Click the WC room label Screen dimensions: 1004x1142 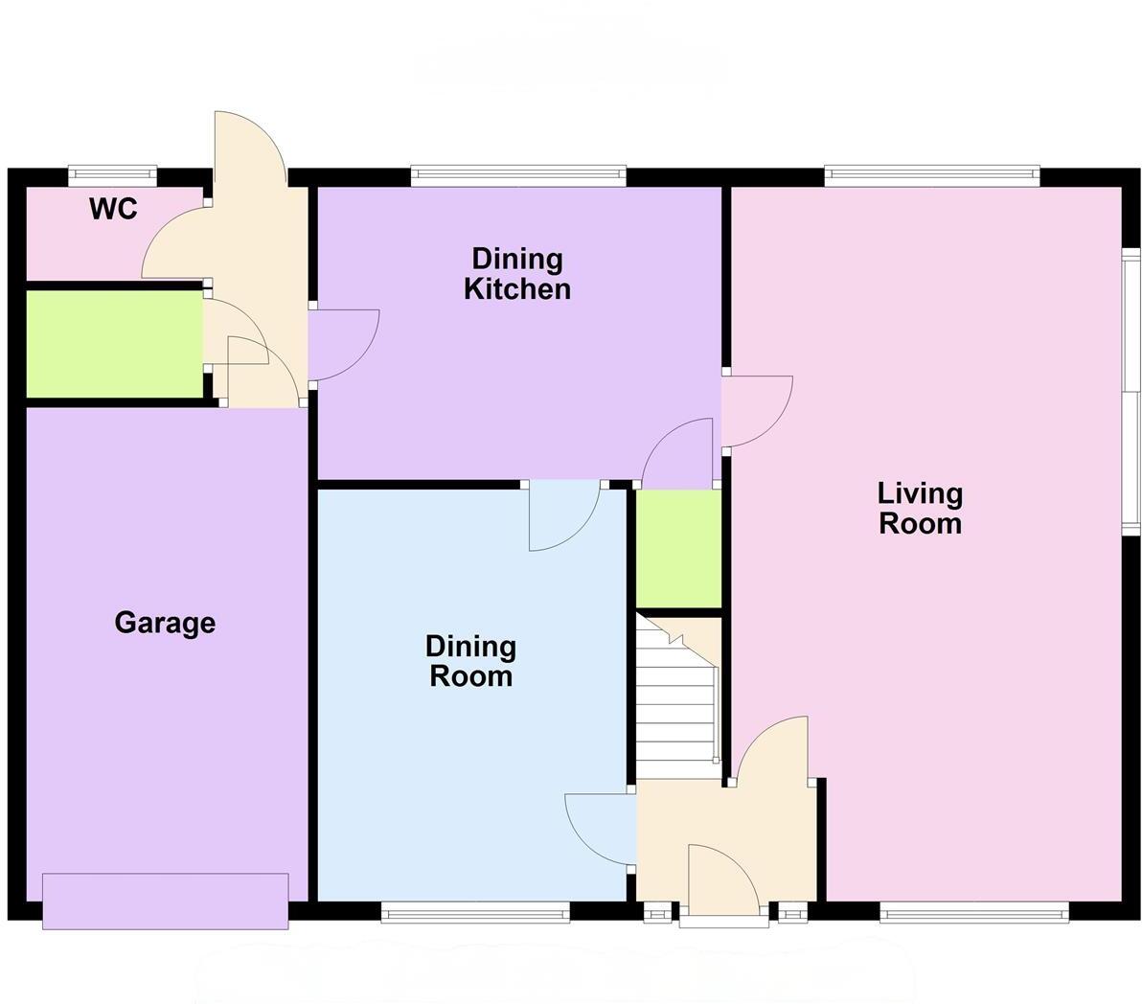coord(114,209)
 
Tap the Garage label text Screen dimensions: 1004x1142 coord(165,623)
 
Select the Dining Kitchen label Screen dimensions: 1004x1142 coord(517,274)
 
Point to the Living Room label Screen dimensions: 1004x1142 coord(921,509)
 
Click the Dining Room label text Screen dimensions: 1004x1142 coord(470,661)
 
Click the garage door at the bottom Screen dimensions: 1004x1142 coord(165,901)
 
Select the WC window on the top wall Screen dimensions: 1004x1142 coord(112,174)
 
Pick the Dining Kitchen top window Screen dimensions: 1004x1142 coord(518,174)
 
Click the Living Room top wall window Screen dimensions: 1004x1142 coord(931,174)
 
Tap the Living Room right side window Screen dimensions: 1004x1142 coord(1131,392)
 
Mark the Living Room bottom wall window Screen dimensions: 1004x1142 coord(974,913)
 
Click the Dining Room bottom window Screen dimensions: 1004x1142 coord(475,913)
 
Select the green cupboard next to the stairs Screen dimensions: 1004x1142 coord(678,548)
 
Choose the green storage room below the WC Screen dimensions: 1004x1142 coord(114,344)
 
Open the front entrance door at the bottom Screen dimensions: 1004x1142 coord(723,881)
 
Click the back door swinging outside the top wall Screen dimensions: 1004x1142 coord(247,148)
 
